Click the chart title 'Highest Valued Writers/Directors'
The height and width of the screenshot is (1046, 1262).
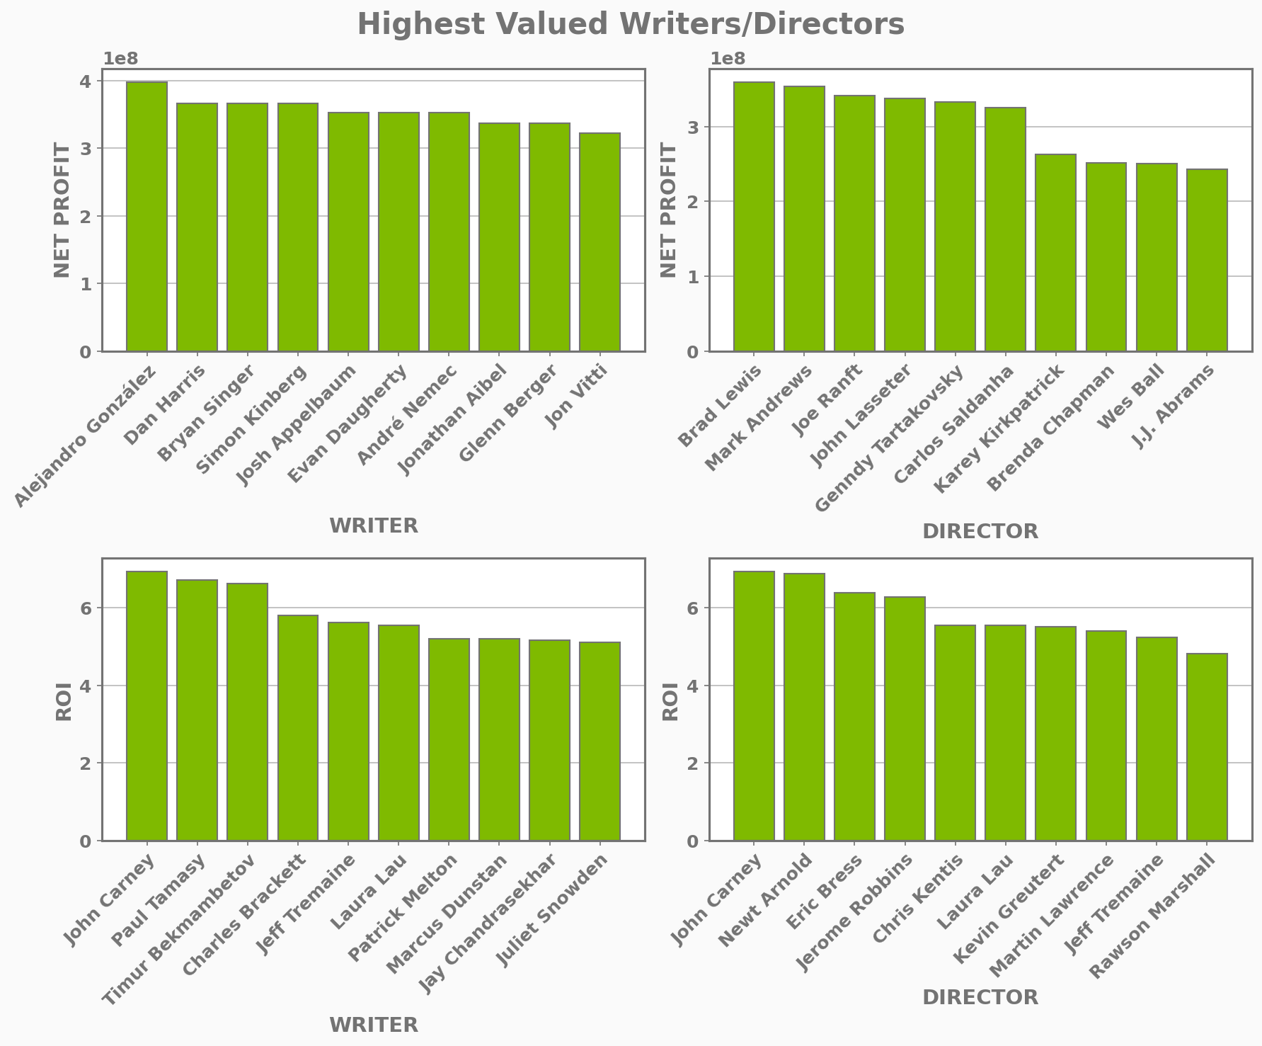tap(631, 25)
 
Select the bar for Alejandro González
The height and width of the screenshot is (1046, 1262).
tap(147, 216)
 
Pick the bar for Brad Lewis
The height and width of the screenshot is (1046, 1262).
tap(754, 216)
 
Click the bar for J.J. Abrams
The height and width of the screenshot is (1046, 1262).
tap(1207, 260)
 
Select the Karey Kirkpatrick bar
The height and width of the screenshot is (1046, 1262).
tap(1055, 252)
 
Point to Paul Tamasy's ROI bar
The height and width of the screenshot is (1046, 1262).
tap(197, 710)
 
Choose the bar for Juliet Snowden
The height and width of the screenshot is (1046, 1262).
tap(600, 741)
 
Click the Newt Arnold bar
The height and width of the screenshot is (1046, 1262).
tap(804, 707)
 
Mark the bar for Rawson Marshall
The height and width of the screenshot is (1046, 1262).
tap(1207, 747)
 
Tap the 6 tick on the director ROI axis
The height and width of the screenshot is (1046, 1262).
tap(693, 608)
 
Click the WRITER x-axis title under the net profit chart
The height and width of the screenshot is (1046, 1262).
tap(374, 526)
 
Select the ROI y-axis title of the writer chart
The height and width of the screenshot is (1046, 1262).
tap(64, 700)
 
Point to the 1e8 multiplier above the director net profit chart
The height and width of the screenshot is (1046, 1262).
tap(727, 59)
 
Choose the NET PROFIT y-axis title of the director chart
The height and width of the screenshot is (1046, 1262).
tap(669, 210)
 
